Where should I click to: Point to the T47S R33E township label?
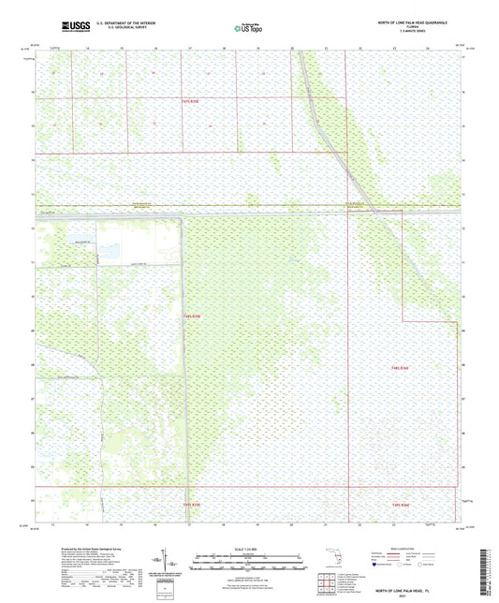[x=191, y=100]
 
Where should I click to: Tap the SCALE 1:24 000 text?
[x=248, y=548]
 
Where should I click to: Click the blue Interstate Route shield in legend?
[x=380, y=565]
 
